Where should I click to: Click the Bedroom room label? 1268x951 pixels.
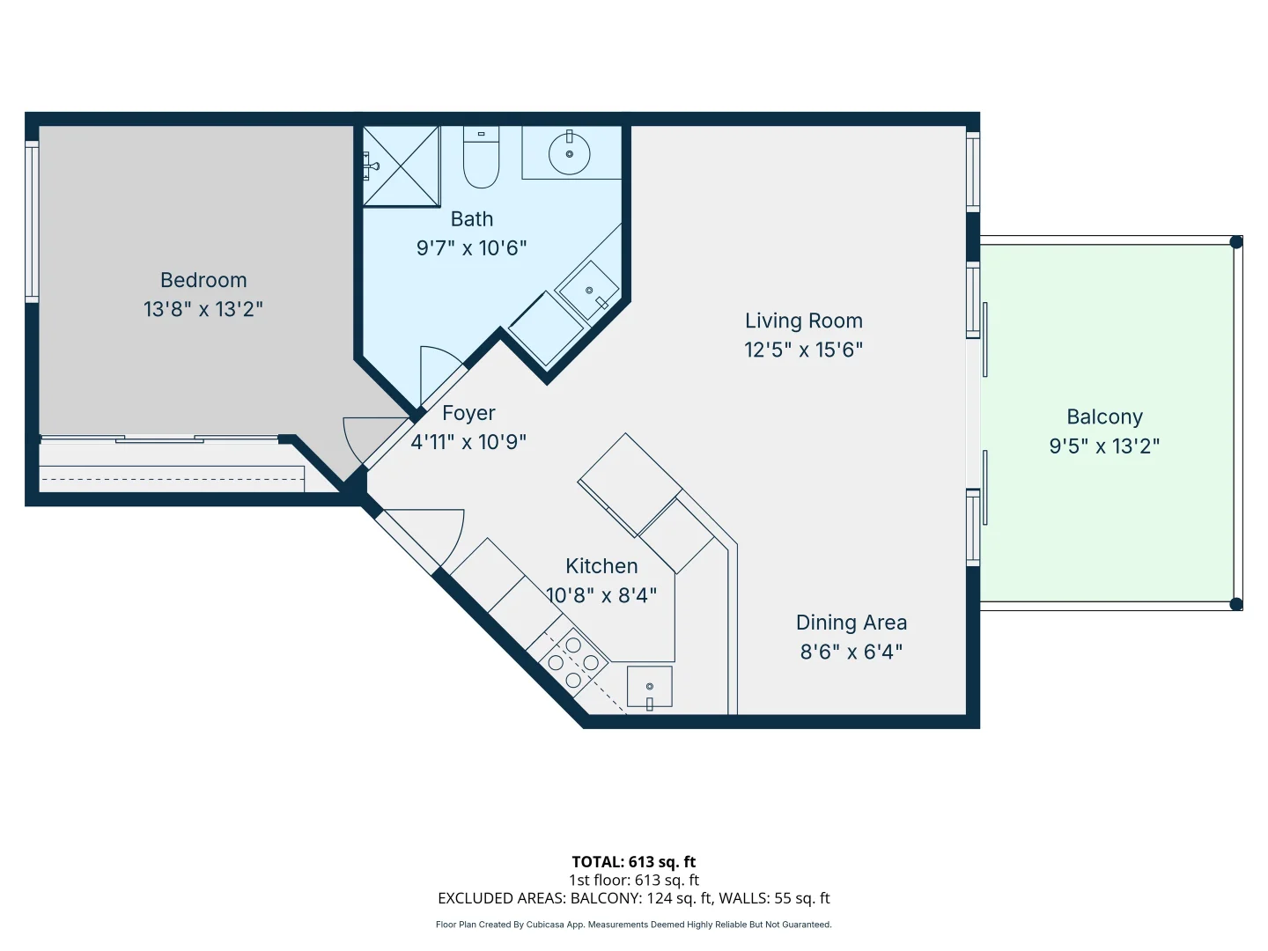203,280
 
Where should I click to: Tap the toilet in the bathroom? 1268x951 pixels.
481,157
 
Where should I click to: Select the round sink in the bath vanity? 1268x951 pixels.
570,153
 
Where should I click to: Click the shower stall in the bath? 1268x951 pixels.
402,166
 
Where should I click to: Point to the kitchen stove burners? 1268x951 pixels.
573,661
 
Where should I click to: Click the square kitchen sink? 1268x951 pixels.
649,687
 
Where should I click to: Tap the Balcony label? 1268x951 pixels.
1104,417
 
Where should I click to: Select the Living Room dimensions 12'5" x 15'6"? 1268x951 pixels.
804,350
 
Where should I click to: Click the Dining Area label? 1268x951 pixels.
851,623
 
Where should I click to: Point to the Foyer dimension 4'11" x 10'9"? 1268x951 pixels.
468,442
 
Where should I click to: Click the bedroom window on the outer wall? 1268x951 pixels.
32,222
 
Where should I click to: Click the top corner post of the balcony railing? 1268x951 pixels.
1236,242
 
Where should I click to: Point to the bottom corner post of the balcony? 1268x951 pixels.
1236,605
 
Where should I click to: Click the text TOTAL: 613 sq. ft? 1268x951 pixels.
634,862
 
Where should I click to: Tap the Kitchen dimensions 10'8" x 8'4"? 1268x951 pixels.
601,594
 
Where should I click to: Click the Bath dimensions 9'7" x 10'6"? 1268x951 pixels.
471,248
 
